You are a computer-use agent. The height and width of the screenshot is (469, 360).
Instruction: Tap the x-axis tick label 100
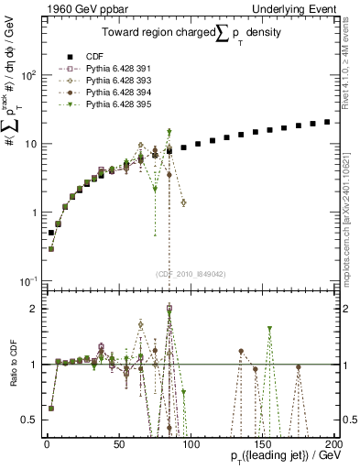(191, 443)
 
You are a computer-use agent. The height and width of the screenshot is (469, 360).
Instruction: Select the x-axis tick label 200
(333, 443)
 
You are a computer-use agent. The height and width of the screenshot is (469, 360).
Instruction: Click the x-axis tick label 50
(119, 443)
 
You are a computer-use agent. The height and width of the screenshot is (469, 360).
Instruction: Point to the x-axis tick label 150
(262, 443)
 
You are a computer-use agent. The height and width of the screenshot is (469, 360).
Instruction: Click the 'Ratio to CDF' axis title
(12, 371)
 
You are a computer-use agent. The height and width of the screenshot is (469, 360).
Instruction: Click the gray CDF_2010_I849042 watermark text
(191, 273)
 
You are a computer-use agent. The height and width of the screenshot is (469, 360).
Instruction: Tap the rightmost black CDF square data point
(327, 122)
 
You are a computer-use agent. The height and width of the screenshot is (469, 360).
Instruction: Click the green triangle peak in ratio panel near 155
(269, 329)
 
